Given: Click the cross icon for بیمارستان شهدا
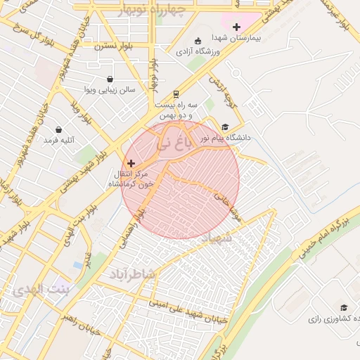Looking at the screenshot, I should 236,27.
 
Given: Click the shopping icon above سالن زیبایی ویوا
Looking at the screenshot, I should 110,79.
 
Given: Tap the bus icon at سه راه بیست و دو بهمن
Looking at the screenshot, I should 175,94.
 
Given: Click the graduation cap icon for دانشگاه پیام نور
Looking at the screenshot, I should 225,127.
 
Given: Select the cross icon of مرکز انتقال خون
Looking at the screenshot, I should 131,162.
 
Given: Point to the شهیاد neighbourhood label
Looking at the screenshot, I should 216,239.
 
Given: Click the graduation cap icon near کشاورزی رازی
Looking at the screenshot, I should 344,307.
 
